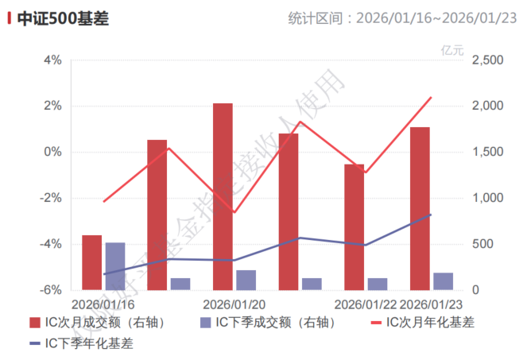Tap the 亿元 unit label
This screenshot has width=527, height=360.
[451, 49]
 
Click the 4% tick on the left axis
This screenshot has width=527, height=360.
[52, 60]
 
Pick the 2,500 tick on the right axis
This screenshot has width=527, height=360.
[487, 60]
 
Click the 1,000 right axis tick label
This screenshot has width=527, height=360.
[487, 199]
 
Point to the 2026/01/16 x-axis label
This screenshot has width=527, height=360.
[103, 304]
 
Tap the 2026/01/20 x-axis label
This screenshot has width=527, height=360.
[234, 304]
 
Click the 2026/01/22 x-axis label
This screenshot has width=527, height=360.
[366, 304]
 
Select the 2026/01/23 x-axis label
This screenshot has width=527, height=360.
[432, 304]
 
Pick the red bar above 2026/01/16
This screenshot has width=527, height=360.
[92, 262]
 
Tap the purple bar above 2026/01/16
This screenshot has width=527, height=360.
[115, 266]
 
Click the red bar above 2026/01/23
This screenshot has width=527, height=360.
[420, 208]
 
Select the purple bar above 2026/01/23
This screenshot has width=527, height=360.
[443, 281]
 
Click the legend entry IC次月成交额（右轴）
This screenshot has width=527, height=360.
[103, 323]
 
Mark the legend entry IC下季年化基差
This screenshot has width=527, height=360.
[88, 344]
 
